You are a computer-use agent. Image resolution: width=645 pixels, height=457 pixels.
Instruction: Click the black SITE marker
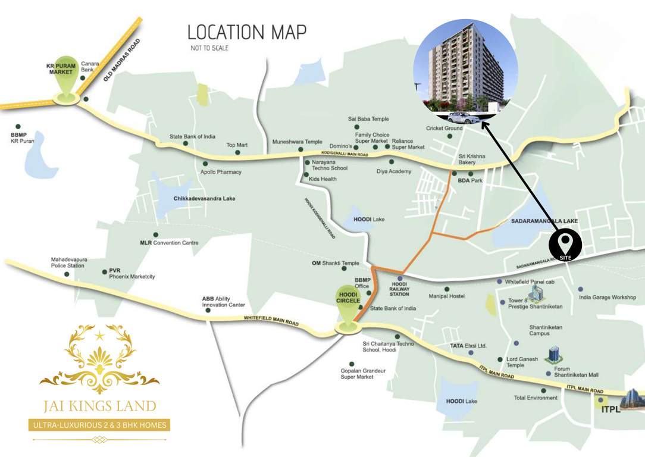pos(565,243)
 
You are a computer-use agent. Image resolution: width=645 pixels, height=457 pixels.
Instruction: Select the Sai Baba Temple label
pos(368,119)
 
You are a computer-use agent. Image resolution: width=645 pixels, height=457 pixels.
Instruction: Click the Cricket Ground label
pos(444,129)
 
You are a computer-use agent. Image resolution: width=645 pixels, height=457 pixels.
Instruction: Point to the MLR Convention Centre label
pos(169,243)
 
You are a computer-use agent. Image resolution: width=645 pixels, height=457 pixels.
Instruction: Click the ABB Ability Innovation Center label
pos(223,302)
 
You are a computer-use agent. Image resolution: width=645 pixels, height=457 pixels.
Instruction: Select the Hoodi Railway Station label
pos(400,289)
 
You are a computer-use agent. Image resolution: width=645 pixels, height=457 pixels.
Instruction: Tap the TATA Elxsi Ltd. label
pos(468,345)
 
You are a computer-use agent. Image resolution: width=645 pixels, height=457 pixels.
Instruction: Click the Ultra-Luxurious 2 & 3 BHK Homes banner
pos(99,425)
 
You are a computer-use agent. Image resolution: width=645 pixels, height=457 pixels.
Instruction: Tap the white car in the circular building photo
pos(462,117)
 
